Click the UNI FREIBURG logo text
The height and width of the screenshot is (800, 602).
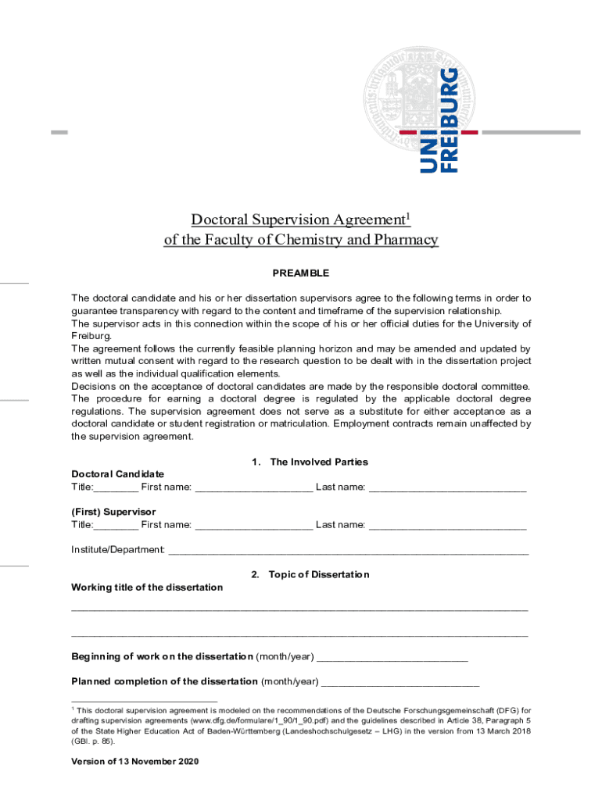coord(439,120)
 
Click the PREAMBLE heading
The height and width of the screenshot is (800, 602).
coord(300,273)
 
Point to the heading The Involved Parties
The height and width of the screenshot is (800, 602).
coord(318,462)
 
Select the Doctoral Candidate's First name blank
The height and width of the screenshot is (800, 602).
coord(253,489)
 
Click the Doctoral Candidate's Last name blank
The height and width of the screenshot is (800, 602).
coord(447,489)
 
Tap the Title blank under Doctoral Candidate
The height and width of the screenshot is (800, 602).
coord(116,489)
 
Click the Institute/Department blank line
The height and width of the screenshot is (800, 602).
coord(349,552)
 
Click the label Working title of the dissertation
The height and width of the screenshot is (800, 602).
coord(147,587)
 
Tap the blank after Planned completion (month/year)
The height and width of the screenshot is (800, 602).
coord(400,683)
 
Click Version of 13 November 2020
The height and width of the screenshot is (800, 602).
coord(135,761)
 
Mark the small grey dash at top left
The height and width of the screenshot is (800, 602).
coord(59,133)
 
